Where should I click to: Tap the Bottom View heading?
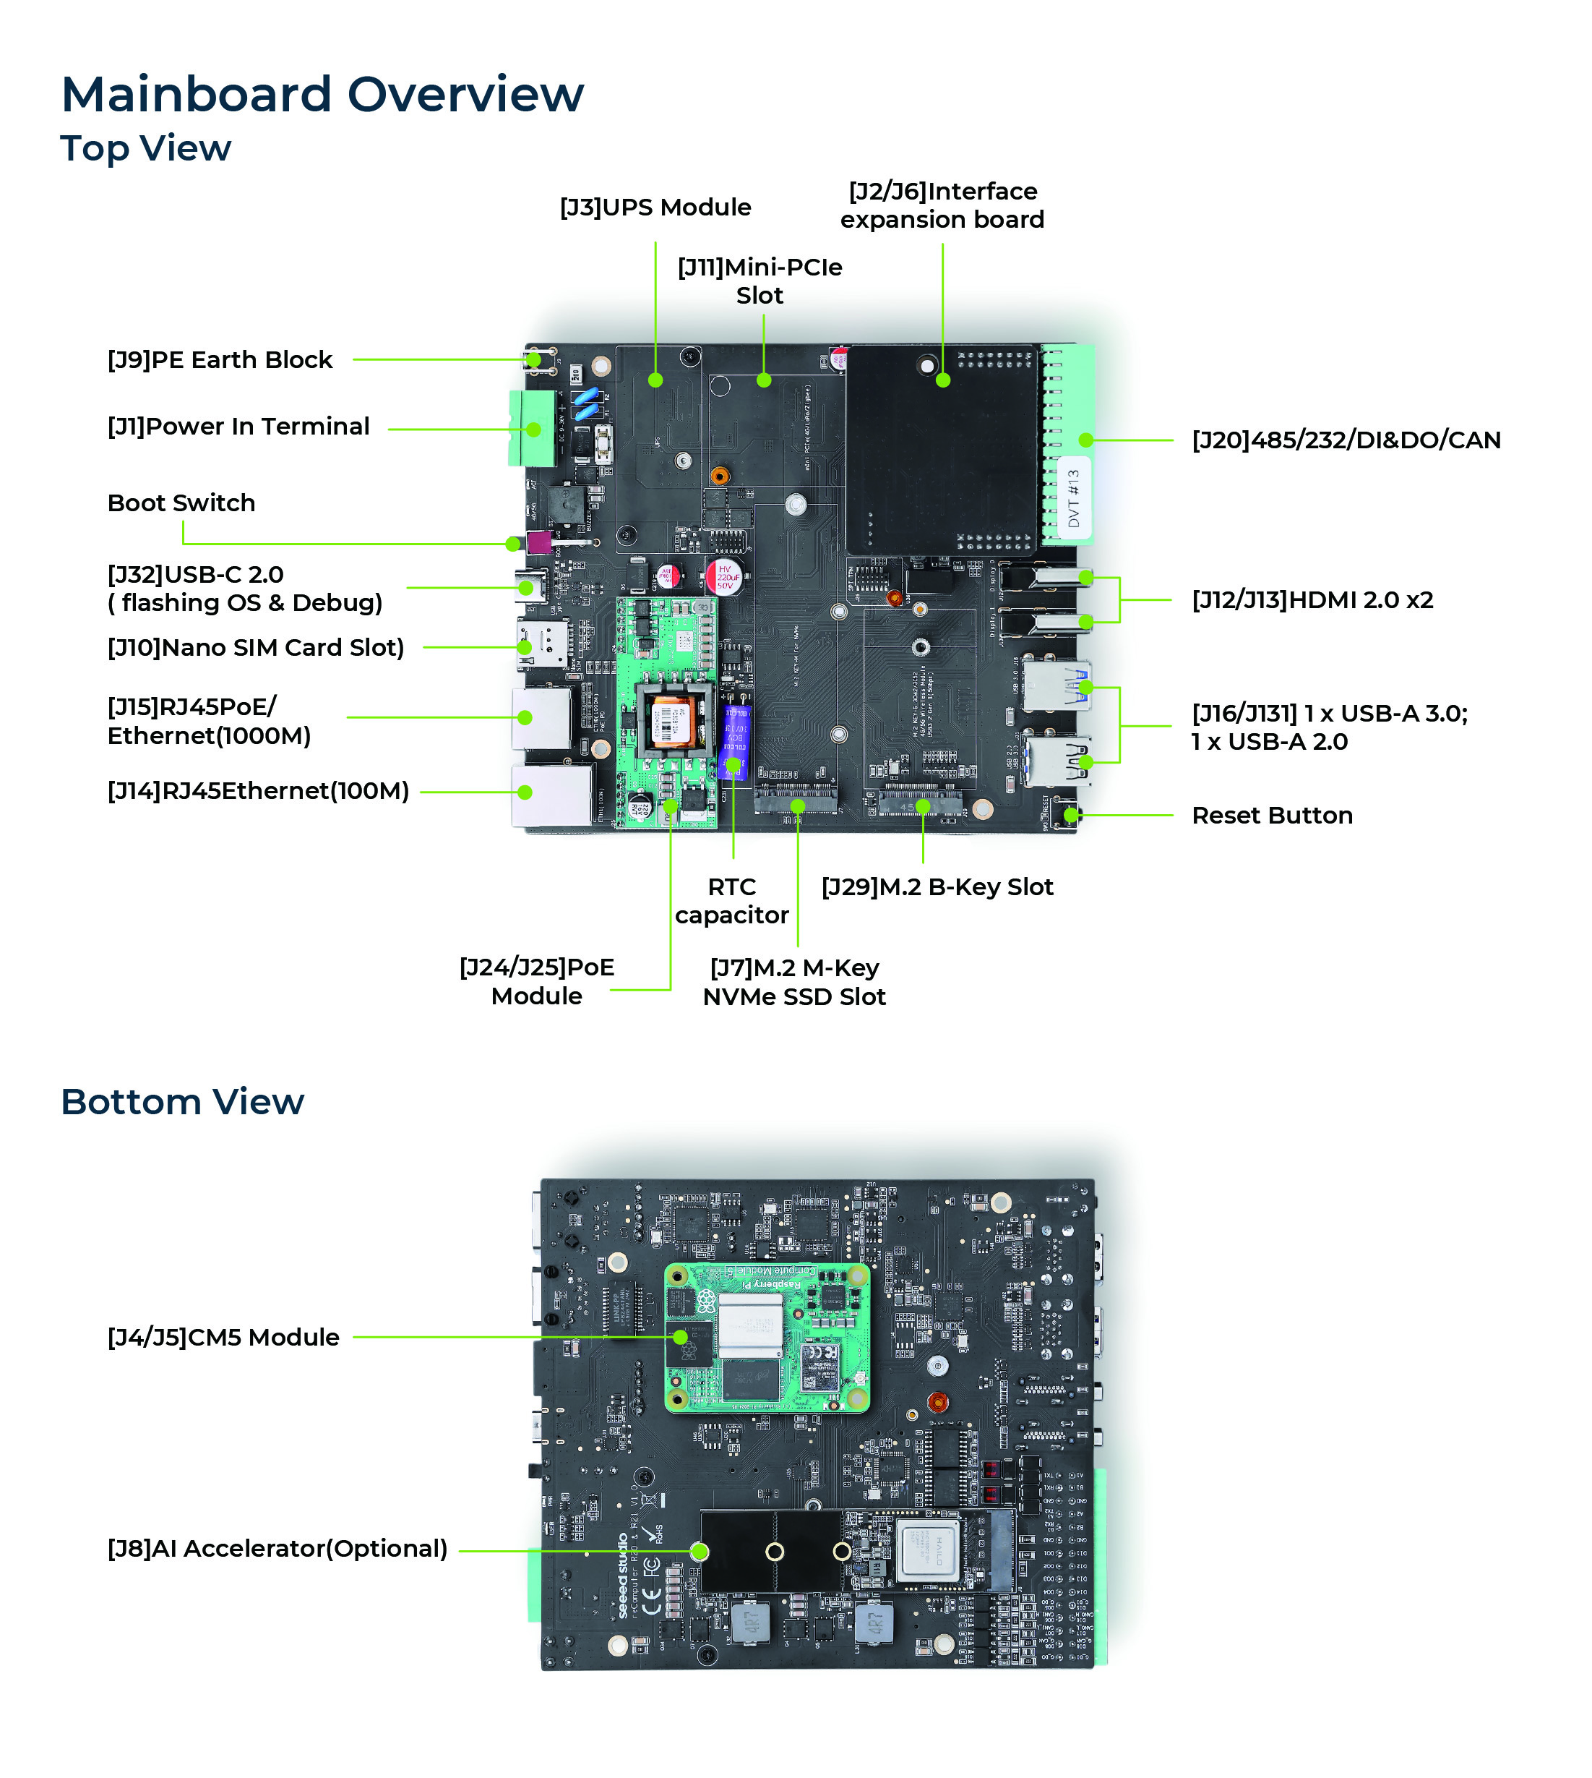[182, 1102]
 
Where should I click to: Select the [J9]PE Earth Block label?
[220, 359]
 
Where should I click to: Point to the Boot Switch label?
[181, 503]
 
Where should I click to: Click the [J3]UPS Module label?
[655, 208]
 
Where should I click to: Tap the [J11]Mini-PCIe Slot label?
[760, 281]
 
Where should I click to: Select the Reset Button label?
[1272, 816]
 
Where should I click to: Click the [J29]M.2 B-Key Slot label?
[937, 887]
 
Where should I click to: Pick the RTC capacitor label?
[731, 901]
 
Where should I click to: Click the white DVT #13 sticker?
[1074, 499]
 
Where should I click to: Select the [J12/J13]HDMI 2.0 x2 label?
[1312, 600]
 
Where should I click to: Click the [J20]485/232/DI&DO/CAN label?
[1346, 440]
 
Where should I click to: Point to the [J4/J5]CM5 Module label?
[223, 1337]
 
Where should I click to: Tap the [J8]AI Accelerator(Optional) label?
[277, 1549]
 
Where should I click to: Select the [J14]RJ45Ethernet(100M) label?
[258, 791]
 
